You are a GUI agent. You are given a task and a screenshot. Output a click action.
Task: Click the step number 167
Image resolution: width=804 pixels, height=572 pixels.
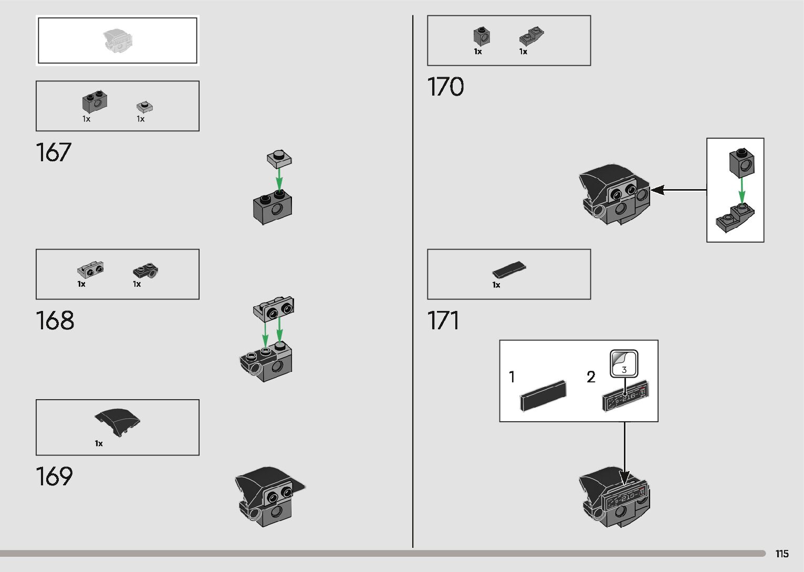click(54, 152)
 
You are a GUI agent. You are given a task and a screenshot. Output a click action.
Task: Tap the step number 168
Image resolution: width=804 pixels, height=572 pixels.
click(55, 320)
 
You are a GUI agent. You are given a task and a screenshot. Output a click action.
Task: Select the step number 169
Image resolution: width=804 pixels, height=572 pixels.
click(54, 476)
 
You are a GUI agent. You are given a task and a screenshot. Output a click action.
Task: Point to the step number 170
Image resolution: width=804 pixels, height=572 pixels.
click(445, 87)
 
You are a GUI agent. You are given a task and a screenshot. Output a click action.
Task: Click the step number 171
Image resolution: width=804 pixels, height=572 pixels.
click(443, 320)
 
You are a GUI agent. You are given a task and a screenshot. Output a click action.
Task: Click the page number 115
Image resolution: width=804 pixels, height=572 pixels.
click(781, 554)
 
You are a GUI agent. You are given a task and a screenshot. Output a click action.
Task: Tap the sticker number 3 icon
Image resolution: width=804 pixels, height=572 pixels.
click(623, 364)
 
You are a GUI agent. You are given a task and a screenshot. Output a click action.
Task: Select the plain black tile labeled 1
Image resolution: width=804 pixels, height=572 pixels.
click(544, 395)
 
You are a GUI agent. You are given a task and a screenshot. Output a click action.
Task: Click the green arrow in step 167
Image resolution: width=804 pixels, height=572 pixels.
click(279, 179)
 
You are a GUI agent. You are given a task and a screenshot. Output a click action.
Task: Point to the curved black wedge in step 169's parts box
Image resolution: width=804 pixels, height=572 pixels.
click(118, 421)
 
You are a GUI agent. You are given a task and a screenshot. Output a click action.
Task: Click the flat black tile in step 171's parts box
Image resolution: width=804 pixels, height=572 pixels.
click(509, 269)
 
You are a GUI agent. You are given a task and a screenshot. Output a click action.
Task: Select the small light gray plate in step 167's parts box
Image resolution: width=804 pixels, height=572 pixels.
click(144, 107)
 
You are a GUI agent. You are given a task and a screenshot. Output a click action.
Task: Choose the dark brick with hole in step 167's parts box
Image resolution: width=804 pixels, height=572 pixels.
click(95, 102)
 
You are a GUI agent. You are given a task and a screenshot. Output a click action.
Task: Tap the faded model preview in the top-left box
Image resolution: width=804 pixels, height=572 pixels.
click(118, 41)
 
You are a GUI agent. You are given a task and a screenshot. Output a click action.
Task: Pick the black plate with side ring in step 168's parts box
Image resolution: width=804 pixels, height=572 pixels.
click(145, 271)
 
